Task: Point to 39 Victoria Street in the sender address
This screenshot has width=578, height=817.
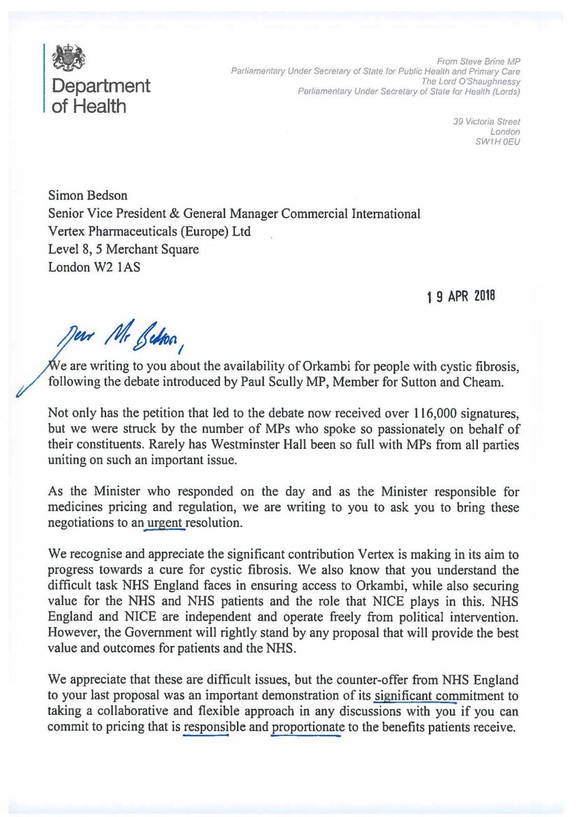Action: coord(486,122)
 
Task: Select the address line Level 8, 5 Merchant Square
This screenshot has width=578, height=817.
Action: coord(123,249)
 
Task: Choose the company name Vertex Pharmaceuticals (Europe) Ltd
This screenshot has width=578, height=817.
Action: coord(149,231)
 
